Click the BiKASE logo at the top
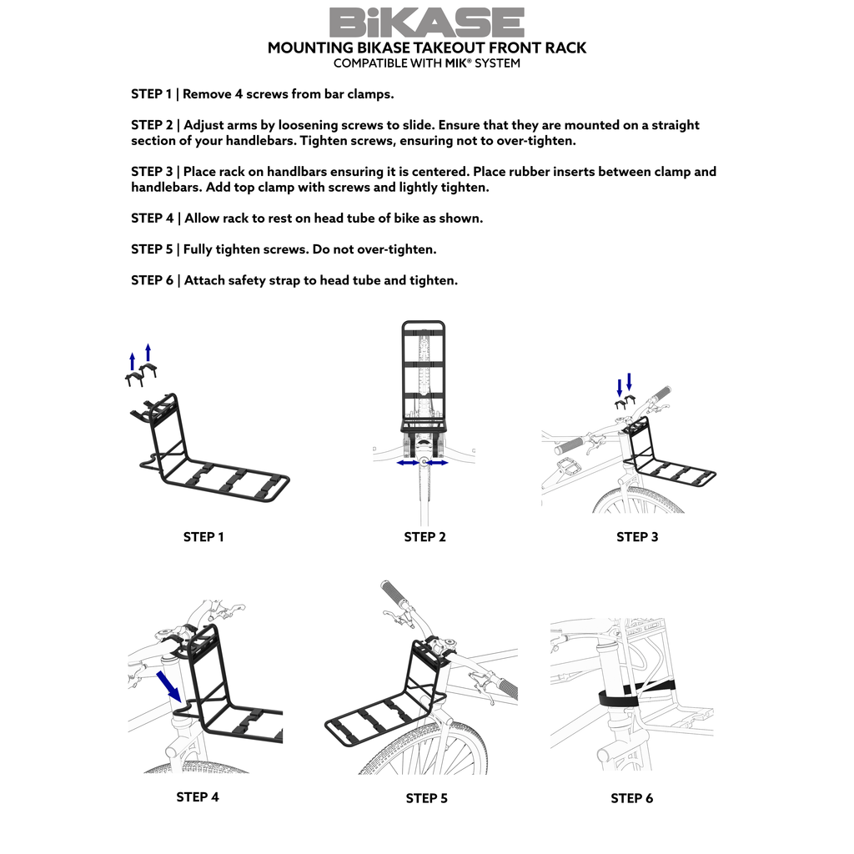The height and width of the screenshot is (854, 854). pyautogui.click(x=426, y=22)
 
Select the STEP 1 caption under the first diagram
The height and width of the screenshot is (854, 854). pyautogui.click(x=203, y=537)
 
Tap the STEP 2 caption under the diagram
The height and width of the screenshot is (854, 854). pyautogui.click(x=424, y=537)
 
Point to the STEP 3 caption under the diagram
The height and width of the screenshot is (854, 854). pyautogui.click(x=637, y=537)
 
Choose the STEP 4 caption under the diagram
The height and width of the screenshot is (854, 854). pyautogui.click(x=198, y=797)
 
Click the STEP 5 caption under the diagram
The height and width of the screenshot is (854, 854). pyautogui.click(x=426, y=798)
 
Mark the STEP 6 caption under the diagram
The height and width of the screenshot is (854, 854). pyautogui.click(x=631, y=798)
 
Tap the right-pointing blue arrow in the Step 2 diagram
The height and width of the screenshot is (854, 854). pyautogui.click(x=437, y=462)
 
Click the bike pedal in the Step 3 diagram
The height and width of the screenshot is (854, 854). pyautogui.click(x=570, y=464)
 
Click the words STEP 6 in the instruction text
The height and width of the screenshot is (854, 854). pyautogui.click(x=152, y=280)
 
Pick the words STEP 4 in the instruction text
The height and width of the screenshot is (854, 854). pyautogui.click(x=152, y=219)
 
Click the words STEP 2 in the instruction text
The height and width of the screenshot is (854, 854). pyautogui.click(x=152, y=125)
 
